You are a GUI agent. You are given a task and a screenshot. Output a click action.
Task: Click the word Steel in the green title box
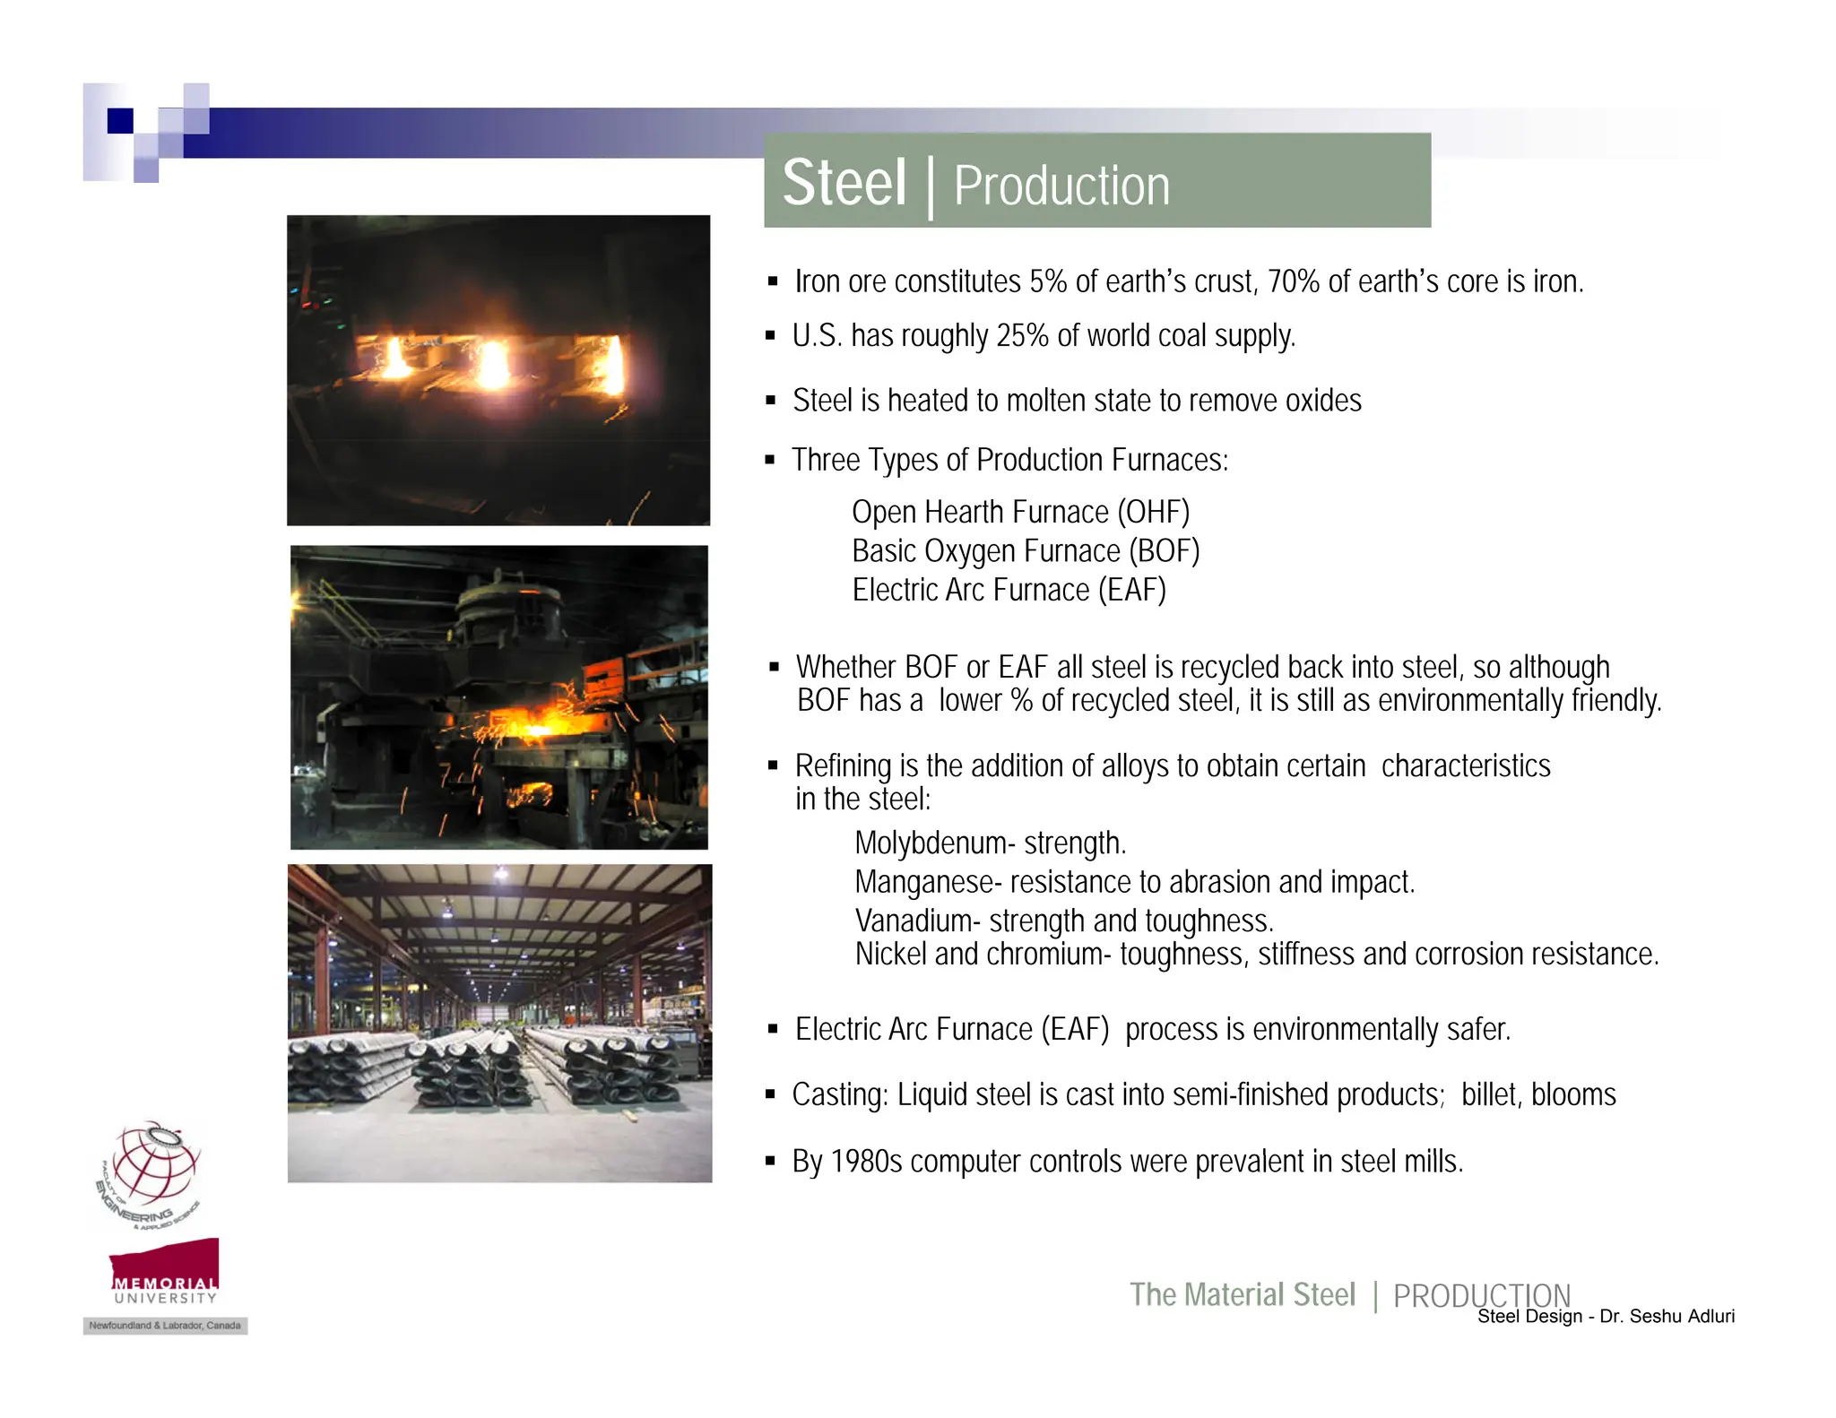point(844,183)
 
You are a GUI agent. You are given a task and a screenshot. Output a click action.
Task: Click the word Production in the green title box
point(1061,186)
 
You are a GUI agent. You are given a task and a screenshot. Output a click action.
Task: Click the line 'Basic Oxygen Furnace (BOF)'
point(1025,551)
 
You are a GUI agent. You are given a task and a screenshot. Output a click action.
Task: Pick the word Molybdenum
point(930,843)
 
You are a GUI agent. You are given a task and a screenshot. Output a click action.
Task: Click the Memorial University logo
point(165,1271)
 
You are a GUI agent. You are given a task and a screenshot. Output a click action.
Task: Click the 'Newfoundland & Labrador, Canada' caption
point(165,1326)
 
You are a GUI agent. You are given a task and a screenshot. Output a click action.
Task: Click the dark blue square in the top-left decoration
point(120,120)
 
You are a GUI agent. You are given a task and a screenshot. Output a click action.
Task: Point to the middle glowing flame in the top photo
point(492,365)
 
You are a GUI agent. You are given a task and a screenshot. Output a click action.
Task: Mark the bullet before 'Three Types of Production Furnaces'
point(770,461)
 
